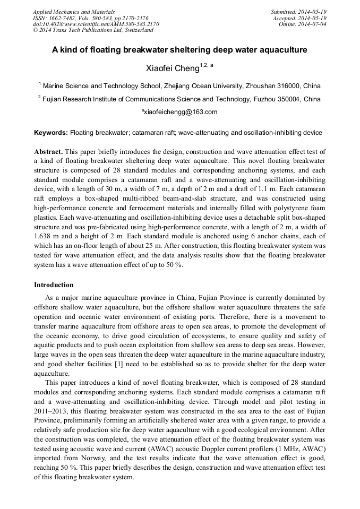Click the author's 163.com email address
point(180,112)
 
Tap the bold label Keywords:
point(51,132)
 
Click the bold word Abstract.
point(48,152)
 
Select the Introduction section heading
point(54,285)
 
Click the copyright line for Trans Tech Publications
point(93,30)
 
